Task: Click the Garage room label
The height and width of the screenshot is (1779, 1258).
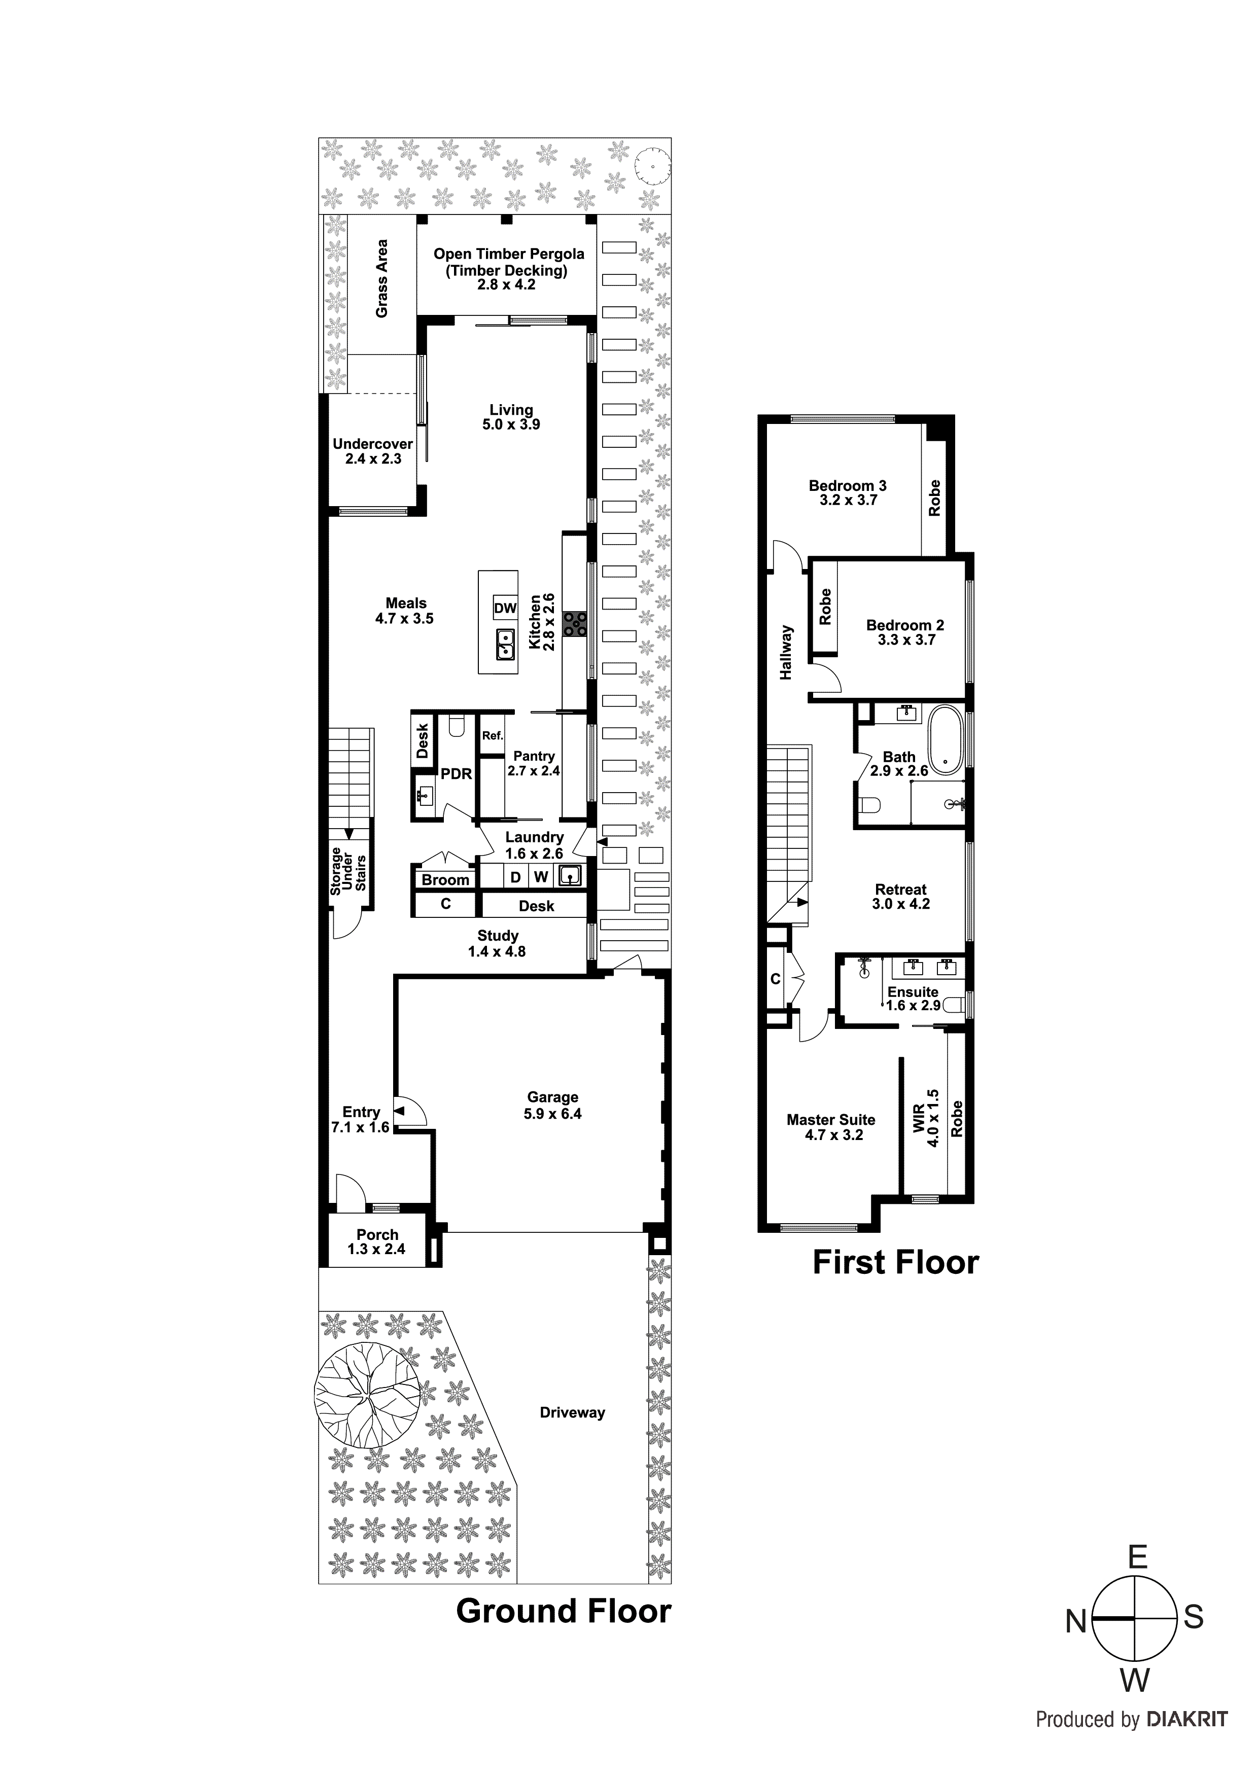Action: (552, 1097)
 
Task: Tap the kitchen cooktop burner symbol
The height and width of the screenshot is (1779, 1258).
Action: (574, 624)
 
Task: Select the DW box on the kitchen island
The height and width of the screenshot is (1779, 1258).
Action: (505, 608)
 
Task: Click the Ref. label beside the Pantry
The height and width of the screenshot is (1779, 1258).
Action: (492, 735)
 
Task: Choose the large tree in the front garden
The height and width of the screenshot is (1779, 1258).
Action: (367, 1395)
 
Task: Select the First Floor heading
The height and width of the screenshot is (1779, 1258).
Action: (895, 1262)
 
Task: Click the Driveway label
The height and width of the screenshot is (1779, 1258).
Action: (572, 1412)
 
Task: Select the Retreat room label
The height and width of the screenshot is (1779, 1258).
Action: (901, 890)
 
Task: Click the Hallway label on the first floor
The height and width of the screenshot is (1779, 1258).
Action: (787, 652)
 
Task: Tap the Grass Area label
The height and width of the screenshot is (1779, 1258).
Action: (381, 278)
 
